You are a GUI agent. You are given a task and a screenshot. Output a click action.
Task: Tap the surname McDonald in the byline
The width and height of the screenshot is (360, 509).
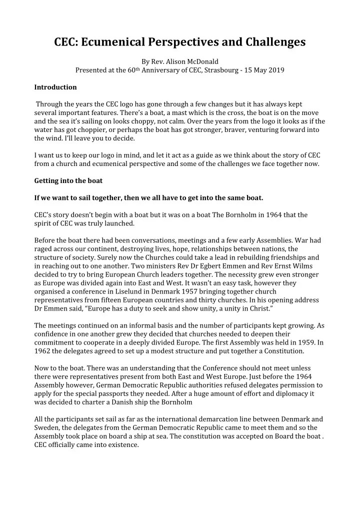click(201, 61)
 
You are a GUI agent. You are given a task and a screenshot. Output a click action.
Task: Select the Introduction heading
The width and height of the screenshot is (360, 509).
click(55, 87)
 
